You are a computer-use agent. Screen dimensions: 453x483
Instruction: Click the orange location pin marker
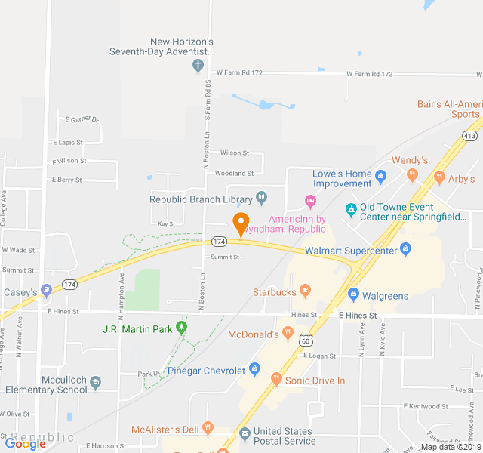pyautogui.click(x=241, y=224)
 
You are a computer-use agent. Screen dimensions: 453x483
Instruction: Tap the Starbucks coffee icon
pyautogui.click(x=305, y=290)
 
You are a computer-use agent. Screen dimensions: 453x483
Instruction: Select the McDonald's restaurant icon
pyautogui.click(x=288, y=333)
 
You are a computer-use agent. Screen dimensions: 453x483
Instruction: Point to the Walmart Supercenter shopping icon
pyautogui.click(x=405, y=249)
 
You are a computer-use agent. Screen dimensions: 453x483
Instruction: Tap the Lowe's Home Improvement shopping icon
pyautogui.click(x=380, y=179)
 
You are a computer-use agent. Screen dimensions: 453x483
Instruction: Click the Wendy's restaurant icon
pyautogui.click(x=411, y=175)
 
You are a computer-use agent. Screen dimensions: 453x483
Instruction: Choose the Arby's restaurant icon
pyautogui.click(x=438, y=179)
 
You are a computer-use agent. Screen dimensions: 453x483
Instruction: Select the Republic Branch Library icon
pyautogui.click(x=261, y=199)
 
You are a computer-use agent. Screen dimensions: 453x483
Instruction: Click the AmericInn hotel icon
pyautogui.click(x=309, y=200)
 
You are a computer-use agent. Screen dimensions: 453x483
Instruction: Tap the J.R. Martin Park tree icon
pyautogui.click(x=181, y=328)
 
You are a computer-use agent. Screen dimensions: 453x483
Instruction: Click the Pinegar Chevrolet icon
pyautogui.click(x=254, y=370)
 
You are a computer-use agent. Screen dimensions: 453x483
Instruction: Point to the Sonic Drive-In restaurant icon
pyautogui.click(x=276, y=379)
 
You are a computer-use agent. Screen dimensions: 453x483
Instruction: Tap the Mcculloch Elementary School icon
pyautogui.click(x=95, y=384)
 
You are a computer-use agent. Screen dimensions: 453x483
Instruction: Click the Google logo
pyautogui.click(x=25, y=444)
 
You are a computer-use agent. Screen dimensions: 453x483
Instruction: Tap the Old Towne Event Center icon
pyautogui.click(x=350, y=209)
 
